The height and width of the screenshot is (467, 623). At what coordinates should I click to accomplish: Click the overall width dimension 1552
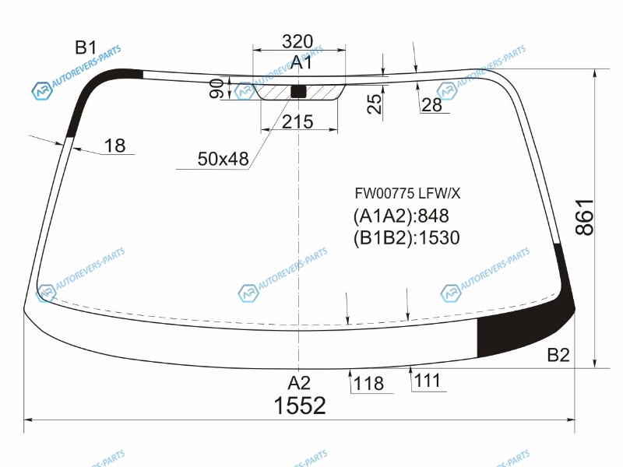(x=300, y=406)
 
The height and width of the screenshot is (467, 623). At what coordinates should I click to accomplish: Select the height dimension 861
(x=585, y=217)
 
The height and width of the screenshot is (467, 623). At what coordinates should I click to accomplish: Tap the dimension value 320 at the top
(x=297, y=41)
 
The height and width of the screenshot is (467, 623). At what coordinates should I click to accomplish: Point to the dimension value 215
(x=297, y=121)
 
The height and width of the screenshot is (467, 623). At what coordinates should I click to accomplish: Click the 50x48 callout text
(x=223, y=159)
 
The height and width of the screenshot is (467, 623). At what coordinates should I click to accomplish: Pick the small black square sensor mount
(x=299, y=91)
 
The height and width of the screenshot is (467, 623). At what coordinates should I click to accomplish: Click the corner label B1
(x=86, y=47)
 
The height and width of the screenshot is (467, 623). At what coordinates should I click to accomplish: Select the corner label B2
(x=558, y=355)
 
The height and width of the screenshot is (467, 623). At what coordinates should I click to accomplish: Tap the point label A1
(x=301, y=62)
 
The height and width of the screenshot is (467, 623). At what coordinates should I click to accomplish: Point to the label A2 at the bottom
(x=299, y=383)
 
